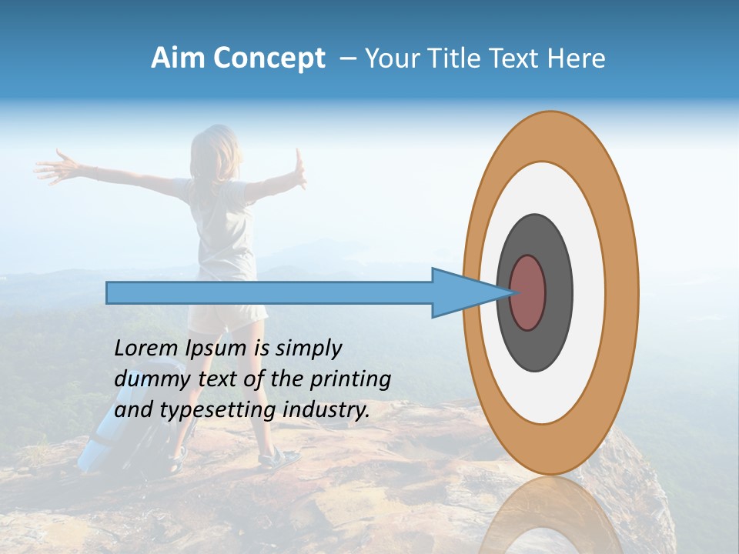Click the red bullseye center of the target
tap(528, 292)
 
